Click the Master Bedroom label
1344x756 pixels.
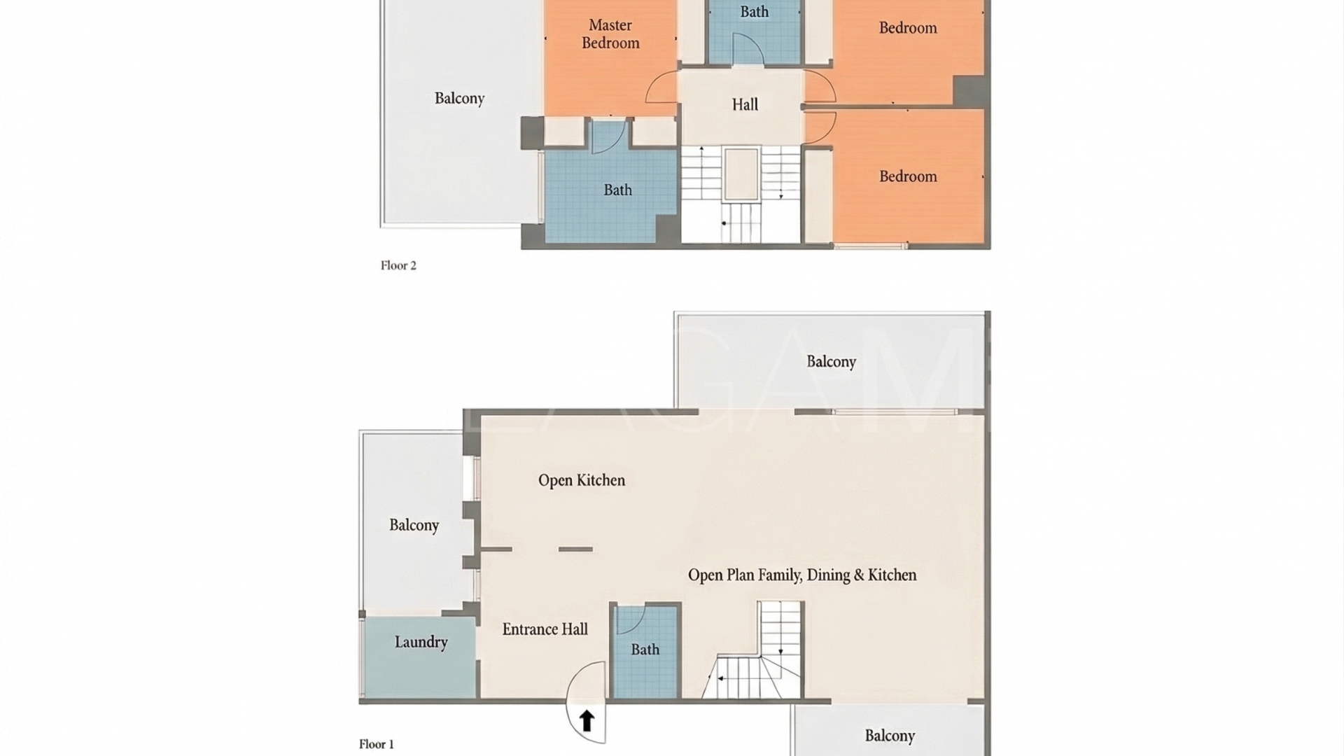point(610,34)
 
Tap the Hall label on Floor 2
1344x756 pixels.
point(745,105)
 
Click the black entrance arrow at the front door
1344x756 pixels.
point(587,720)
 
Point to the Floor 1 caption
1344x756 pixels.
point(377,744)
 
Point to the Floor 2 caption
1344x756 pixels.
point(398,265)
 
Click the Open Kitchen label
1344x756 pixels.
point(581,480)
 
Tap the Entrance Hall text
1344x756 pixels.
point(545,629)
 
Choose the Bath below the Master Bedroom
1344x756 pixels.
point(617,190)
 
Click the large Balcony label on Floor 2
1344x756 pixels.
point(459,99)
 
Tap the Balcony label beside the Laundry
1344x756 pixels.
point(414,525)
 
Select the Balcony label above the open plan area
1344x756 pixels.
point(831,362)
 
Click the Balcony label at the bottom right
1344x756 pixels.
point(890,736)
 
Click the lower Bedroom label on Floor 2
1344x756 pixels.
point(908,176)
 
